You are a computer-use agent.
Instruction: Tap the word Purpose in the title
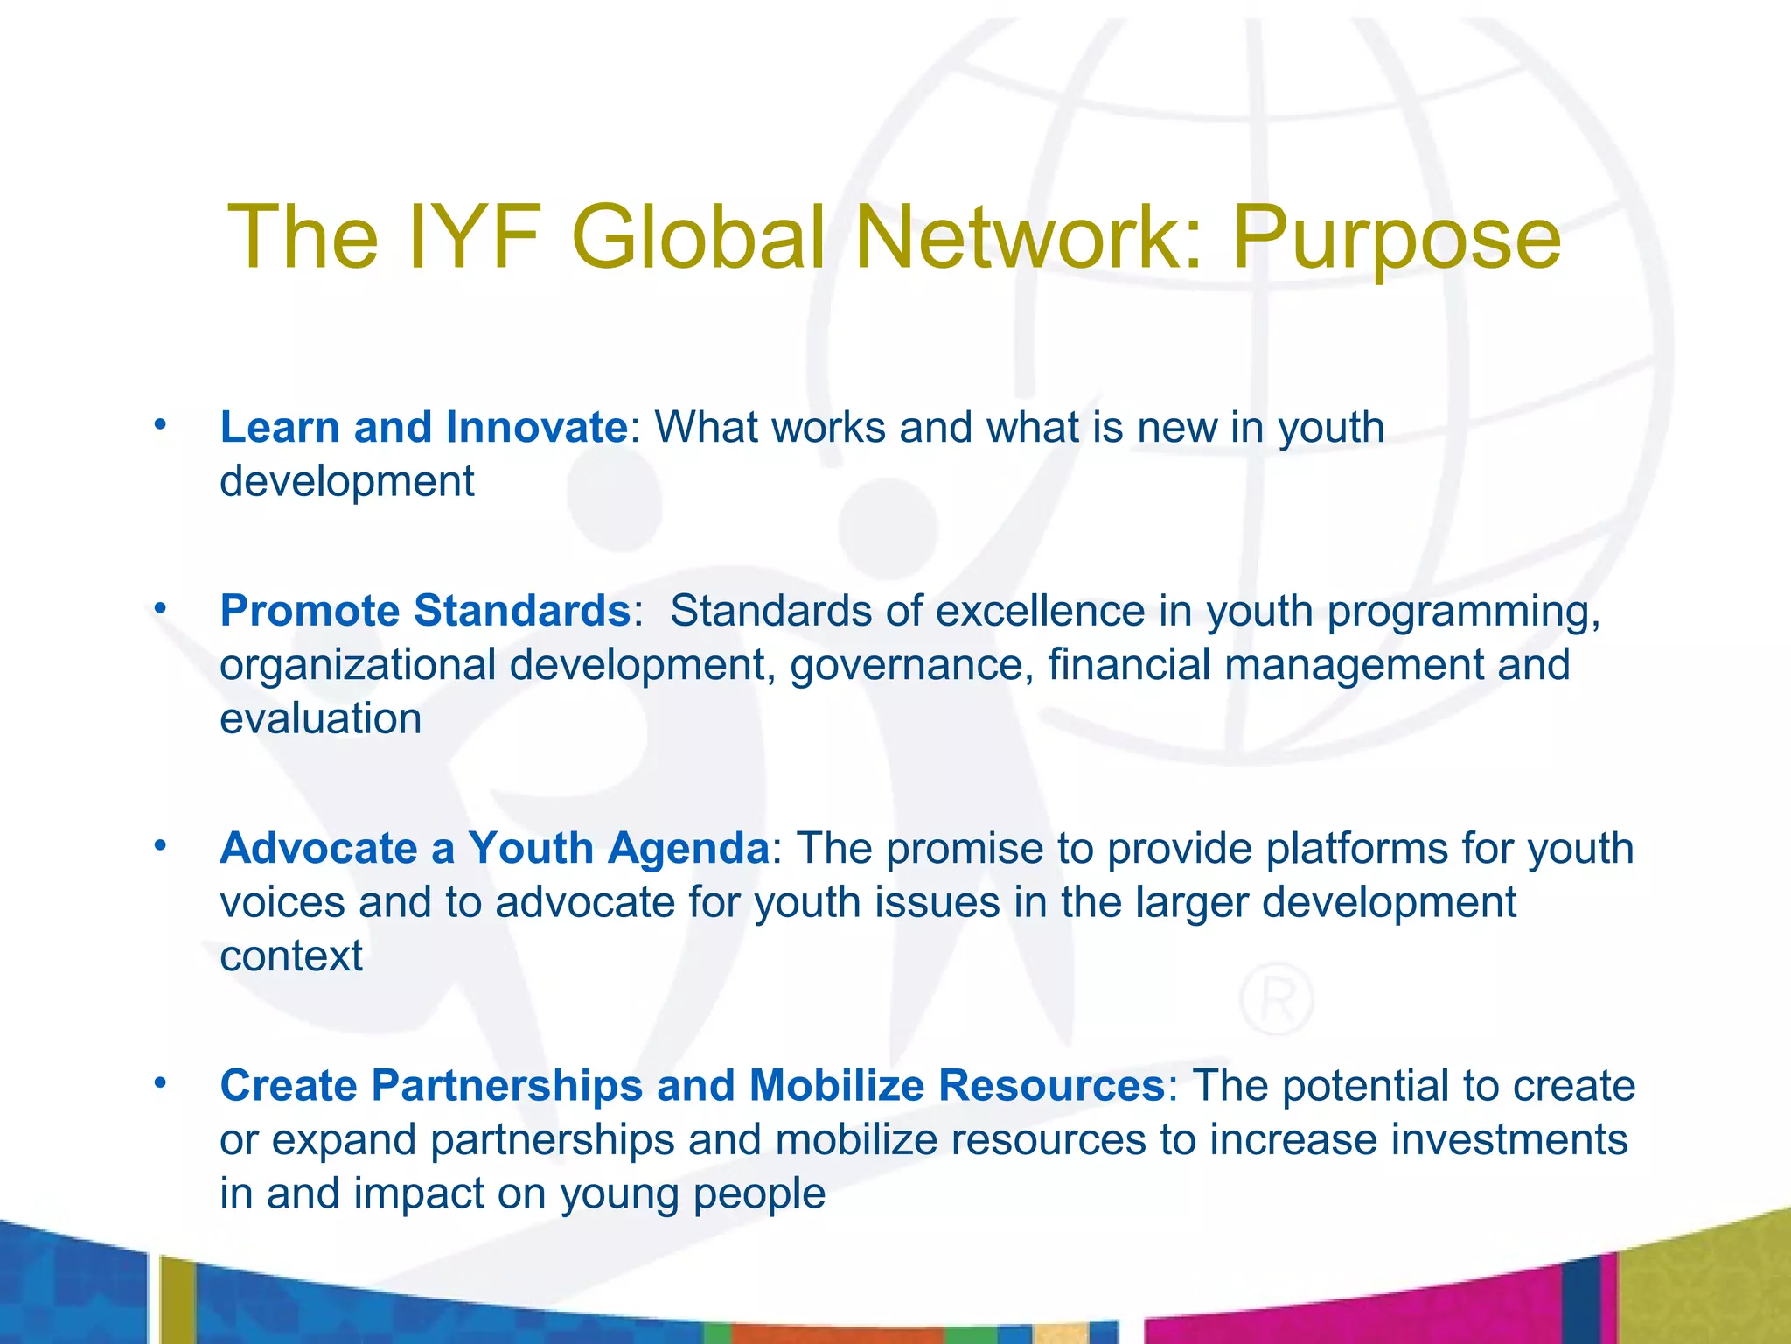tap(1397, 238)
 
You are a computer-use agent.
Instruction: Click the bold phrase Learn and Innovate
tap(423, 428)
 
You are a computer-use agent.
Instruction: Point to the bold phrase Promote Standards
tap(425, 611)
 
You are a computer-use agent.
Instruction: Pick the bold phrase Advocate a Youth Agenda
tap(494, 848)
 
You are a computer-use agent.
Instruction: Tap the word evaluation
tap(320, 719)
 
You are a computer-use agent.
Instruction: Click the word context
tap(290, 956)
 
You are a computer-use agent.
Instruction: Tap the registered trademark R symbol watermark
tap(1276, 1001)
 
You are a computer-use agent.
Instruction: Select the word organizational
tap(357, 665)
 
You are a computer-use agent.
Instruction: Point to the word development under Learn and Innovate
tap(346, 482)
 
